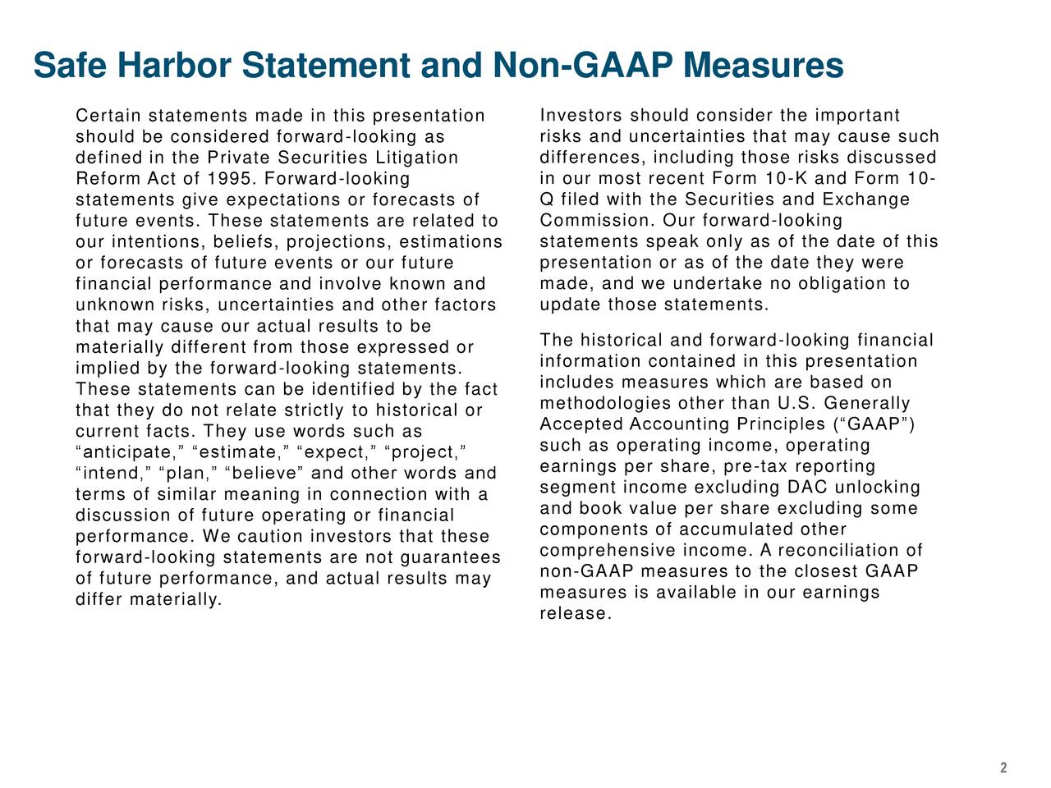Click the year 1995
(x=232, y=179)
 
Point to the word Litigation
(x=417, y=158)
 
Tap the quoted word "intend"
(x=111, y=474)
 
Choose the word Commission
(x=595, y=221)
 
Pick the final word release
(x=574, y=614)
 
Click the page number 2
(x=1003, y=768)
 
